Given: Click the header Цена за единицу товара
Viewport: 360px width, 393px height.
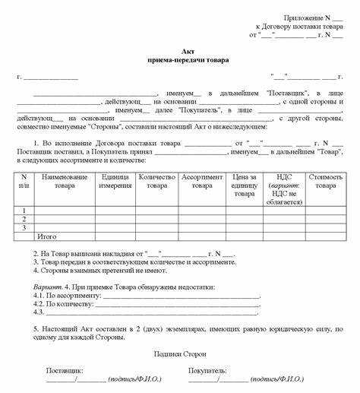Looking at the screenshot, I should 244,185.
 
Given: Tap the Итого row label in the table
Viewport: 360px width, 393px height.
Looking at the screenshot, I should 47,236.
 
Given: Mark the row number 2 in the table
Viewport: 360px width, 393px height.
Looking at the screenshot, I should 24,218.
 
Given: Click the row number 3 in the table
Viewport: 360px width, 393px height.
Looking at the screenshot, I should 24,227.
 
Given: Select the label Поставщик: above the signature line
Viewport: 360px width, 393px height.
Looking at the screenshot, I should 65,369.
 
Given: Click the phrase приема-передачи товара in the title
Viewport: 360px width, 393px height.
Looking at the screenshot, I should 179,59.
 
